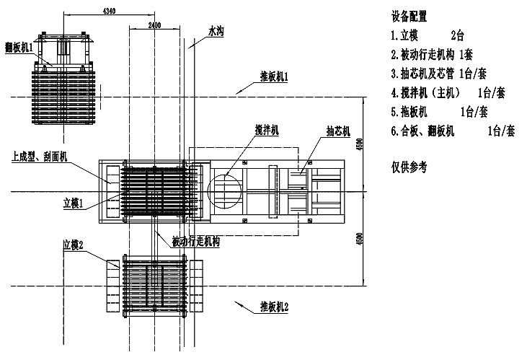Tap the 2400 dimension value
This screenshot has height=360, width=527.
pos(155,25)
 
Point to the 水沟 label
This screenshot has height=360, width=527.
pos(216,32)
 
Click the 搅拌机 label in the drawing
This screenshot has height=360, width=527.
pos(267,129)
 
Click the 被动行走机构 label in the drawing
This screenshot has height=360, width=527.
pos(196,242)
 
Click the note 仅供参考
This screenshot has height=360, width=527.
pos(409,167)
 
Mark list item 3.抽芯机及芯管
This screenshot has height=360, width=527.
pos(441,73)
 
